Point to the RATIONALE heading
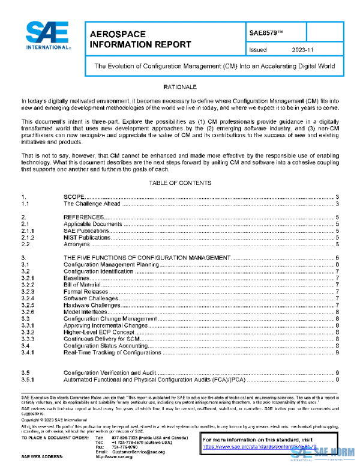180,87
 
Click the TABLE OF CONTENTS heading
180,183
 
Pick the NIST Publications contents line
87,238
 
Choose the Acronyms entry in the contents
76,244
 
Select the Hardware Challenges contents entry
90,305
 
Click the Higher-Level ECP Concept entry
98,332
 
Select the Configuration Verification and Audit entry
110,373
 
